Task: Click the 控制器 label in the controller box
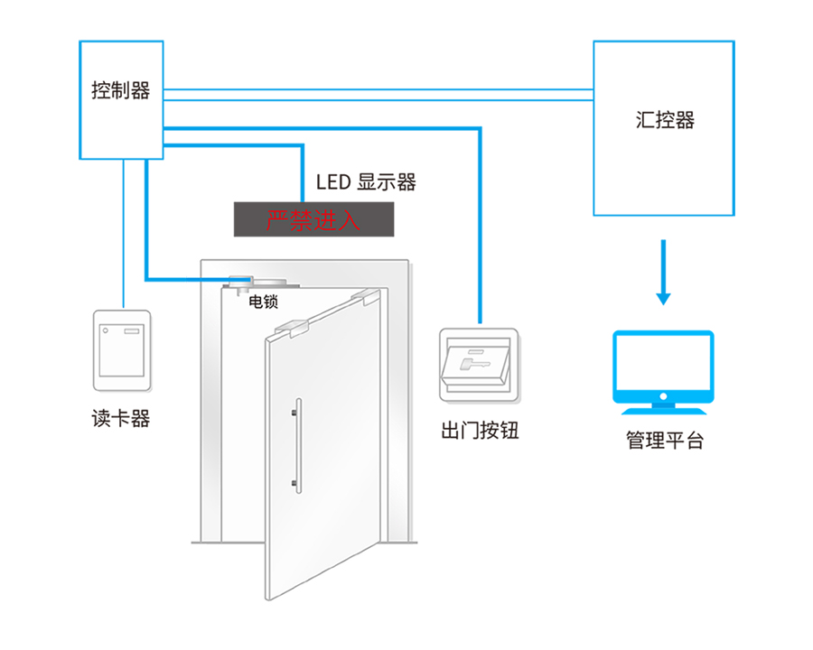121,90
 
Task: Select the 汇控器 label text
665,120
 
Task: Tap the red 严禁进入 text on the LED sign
313,220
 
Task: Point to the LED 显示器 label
366,182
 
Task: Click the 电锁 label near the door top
264,302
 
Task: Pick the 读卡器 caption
121,418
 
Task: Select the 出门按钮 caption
480,431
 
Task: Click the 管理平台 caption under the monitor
664,440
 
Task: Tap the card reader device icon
122,350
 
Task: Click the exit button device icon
479,366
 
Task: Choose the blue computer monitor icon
663,372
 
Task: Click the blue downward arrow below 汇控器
663,272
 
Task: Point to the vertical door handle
297,445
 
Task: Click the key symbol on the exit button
475,361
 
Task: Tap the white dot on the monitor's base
663,396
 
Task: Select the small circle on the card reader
106,330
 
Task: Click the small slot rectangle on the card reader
132,330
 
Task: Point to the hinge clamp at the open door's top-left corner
292,329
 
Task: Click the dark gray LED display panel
313,219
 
